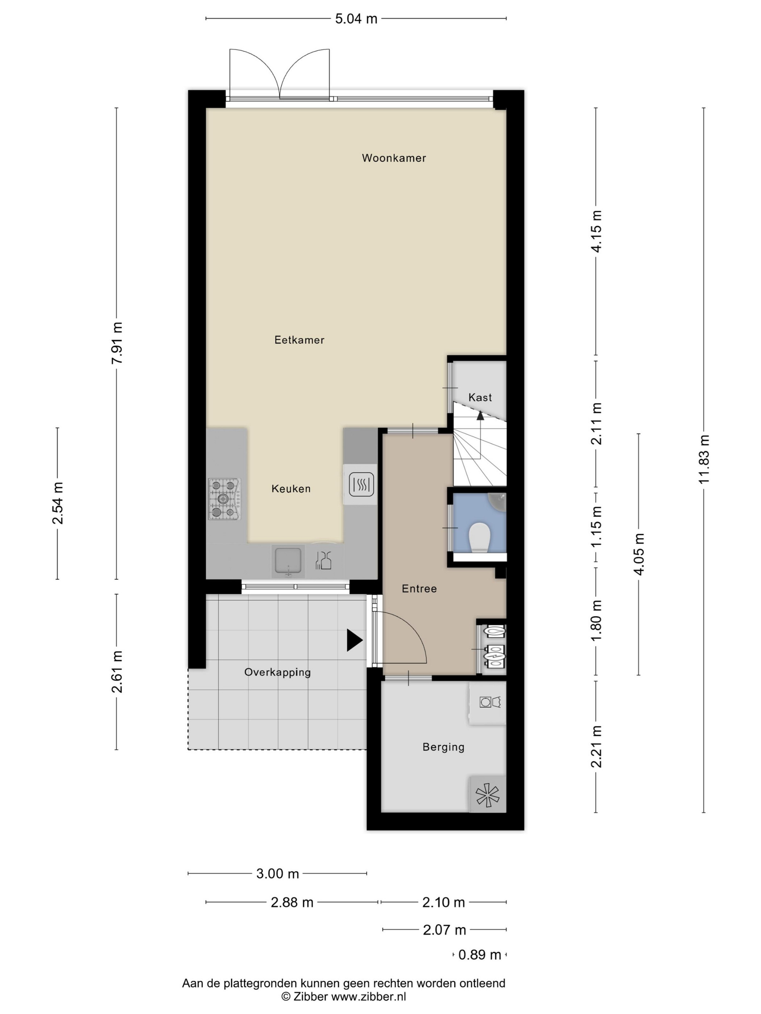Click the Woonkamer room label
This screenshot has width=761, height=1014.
pos(394,158)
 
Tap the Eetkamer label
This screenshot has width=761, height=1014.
pos(299,340)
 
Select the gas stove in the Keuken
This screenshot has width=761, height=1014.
pos(225,499)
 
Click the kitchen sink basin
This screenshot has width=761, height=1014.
pos(288,560)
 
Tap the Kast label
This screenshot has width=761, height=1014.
pos(480,397)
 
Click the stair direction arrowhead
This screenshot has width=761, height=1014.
pos(480,415)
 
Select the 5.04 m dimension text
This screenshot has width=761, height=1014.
pos(356,19)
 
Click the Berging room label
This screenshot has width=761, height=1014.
pos(443,747)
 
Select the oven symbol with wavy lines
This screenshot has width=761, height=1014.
pos(361,484)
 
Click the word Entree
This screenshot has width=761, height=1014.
pos(419,588)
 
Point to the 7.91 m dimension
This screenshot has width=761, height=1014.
pos(117,343)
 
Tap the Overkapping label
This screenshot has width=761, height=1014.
pos(278,672)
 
